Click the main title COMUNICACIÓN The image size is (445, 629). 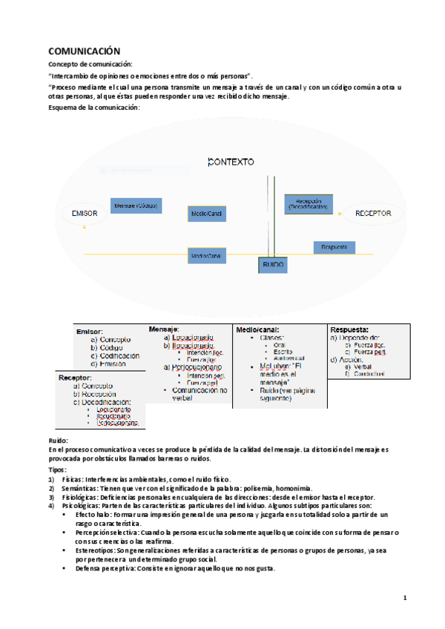tap(84, 51)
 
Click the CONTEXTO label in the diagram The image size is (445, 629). tap(231, 161)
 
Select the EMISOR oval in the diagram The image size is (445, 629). tap(85, 214)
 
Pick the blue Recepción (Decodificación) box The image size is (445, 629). tap(309, 204)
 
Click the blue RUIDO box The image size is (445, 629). tap(272, 264)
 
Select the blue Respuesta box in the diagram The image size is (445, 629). tap(334, 246)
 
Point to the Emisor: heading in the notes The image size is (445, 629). tap(90, 332)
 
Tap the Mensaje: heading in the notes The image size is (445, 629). tap(164, 329)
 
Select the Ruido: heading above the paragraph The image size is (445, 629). tap(58, 441)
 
